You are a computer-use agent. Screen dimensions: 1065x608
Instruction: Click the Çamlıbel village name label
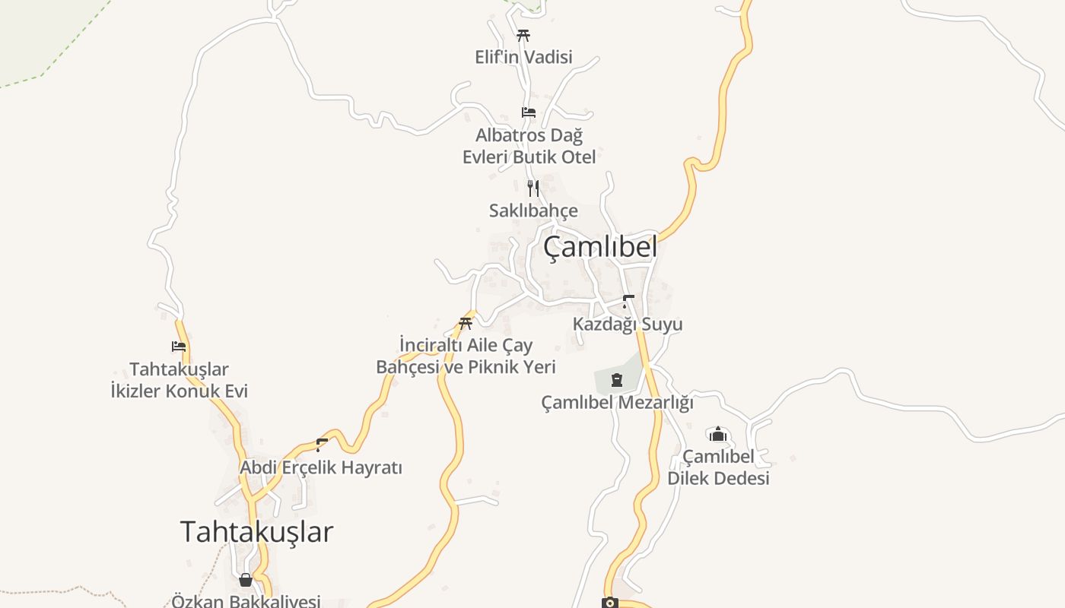pos(599,247)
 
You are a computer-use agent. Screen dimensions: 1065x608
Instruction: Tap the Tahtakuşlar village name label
pos(256,531)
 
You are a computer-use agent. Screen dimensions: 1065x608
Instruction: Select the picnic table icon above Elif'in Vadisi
pos(523,35)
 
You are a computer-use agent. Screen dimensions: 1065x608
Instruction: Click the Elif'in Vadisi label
pos(523,57)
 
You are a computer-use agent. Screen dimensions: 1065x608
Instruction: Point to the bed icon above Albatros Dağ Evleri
pos(529,112)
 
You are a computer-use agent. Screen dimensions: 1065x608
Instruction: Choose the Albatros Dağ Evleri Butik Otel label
pos(529,146)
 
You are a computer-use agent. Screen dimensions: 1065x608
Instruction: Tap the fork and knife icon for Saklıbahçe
pos(533,188)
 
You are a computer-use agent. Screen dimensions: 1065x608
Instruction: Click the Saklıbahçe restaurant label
pos(533,211)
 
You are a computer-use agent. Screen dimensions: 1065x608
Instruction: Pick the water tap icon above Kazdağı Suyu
pos(628,301)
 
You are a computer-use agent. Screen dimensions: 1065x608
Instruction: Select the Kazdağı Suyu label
pos(628,324)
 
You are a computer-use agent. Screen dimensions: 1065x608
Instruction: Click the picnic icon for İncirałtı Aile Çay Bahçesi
pos(466,323)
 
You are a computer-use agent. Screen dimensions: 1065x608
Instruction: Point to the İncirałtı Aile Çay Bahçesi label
pos(466,356)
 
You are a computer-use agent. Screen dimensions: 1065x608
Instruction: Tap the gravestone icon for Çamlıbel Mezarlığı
pos(617,379)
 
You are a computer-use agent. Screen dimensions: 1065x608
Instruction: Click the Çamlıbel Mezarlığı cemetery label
pos(617,402)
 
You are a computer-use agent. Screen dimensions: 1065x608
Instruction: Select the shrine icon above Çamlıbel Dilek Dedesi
pos(718,434)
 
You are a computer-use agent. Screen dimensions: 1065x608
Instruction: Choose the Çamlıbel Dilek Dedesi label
pos(718,467)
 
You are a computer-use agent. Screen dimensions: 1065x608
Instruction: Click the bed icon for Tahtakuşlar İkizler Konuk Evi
pos(179,347)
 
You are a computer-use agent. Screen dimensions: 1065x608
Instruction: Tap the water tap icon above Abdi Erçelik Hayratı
pos(322,445)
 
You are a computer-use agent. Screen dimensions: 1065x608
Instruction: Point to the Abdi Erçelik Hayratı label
pos(321,467)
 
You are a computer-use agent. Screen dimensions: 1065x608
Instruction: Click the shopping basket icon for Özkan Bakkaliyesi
pos(246,580)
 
